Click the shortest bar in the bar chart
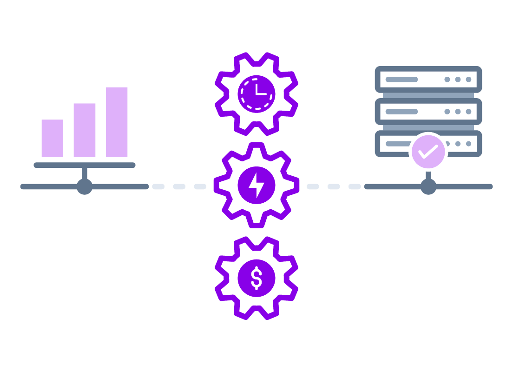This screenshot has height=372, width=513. point(52,138)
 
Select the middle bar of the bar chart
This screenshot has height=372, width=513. point(85,130)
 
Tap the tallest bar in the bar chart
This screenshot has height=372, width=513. point(117,122)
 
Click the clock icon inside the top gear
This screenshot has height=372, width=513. point(256,94)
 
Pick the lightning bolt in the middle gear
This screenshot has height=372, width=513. point(256,186)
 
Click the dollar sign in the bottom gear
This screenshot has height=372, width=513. point(256,279)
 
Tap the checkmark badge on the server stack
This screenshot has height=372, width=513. point(428,152)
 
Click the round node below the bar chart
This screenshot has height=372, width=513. point(85,186)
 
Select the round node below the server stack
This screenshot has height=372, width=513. point(428,186)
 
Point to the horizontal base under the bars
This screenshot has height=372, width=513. point(85,165)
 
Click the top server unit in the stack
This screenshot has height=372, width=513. point(428,80)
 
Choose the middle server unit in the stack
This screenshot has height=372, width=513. point(428,112)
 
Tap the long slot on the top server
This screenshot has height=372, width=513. point(401,80)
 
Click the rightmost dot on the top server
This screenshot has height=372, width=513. point(468,80)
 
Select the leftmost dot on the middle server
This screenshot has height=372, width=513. point(447,112)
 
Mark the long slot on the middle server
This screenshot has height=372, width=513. point(401,112)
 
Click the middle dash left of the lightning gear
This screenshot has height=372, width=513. point(179,186)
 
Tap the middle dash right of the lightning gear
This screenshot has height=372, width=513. point(334,186)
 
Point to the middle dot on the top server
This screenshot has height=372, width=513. point(458,80)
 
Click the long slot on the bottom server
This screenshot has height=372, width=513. point(397,144)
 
